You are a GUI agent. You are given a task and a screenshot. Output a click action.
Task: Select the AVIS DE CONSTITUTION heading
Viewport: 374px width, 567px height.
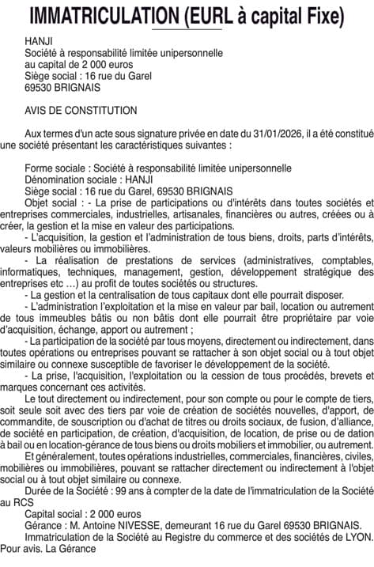(81, 110)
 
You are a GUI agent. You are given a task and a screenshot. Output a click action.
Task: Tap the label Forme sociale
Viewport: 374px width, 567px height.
(56, 168)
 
